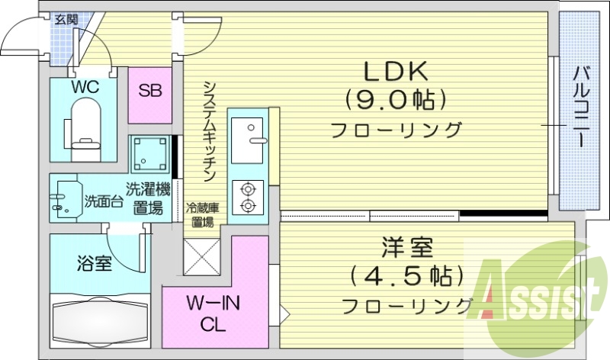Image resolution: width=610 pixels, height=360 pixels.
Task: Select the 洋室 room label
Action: click(407, 249)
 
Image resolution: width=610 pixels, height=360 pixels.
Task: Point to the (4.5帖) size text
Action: click(407, 275)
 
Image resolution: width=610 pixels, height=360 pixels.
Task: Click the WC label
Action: click(85, 87)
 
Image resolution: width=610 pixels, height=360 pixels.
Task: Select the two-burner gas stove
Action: click(248, 196)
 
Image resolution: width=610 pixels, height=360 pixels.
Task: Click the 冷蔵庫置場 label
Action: click(202, 214)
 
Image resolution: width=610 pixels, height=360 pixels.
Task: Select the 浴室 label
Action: click(95, 265)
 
